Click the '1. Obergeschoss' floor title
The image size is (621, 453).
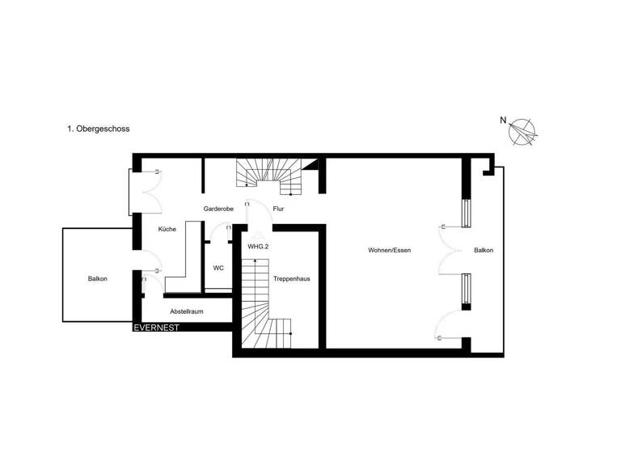tap(99, 129)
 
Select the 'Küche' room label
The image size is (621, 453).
tap(167, 230)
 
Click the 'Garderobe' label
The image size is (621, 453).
tap(218, 209)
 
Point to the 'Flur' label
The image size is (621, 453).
tap(278, 209)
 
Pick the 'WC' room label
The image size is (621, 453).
tap(218, 268)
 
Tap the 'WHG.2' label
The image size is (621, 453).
tap(258, 245)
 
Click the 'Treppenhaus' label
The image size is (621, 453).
tap(292, 278)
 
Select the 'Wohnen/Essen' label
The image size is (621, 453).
tap(390, 251)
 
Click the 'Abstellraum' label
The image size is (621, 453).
tap(186, 311)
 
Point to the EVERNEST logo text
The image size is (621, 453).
tap(157, 328)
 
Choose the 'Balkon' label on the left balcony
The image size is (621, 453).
tap(98, 279)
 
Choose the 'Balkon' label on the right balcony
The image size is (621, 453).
tap(484, 251)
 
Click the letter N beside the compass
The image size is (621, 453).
tap(503, 121)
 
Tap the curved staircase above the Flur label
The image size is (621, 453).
tap(269, 176)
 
